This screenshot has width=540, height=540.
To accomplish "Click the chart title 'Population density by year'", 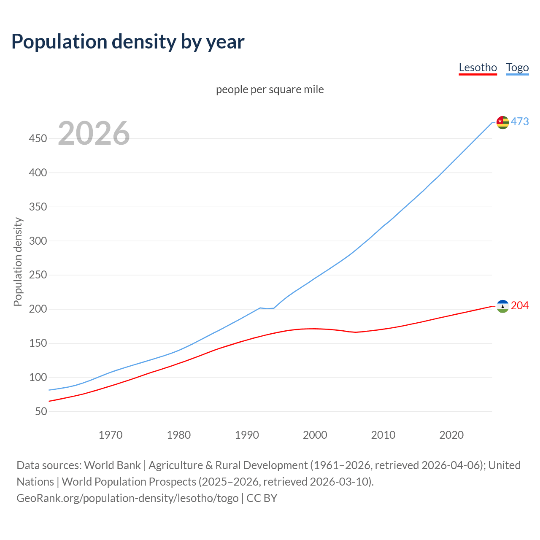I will point(128,41).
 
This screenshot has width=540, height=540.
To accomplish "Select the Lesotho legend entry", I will point(478,67).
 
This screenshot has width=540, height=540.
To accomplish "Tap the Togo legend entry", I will point(517,67).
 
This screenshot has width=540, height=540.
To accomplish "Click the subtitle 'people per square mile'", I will point(270,89).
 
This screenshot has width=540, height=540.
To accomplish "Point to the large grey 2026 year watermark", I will point(94,133).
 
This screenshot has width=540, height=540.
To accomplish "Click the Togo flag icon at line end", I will point(502,122).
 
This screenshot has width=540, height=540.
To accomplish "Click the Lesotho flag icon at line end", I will point(502,306).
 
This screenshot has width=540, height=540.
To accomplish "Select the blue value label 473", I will point(520,121).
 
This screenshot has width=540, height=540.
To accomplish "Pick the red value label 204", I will point(520,305).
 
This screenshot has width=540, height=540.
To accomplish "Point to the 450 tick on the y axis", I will point(38,138).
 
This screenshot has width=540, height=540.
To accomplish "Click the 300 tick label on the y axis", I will point(38,241).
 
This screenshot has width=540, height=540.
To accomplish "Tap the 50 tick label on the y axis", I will point(40,411).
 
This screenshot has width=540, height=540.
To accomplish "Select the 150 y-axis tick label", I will point(38,343).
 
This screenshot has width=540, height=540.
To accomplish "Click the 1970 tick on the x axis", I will point(111,435).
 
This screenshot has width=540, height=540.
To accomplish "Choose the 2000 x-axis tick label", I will point(315,435).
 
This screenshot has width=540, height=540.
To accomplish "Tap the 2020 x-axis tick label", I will point(451,435).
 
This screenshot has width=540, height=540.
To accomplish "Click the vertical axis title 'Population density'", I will point(18,262).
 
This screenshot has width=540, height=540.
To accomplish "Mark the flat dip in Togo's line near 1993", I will point(267,308).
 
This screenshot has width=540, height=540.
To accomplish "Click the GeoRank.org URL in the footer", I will point(127,498).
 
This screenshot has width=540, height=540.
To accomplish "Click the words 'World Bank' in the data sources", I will point(112,465).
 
